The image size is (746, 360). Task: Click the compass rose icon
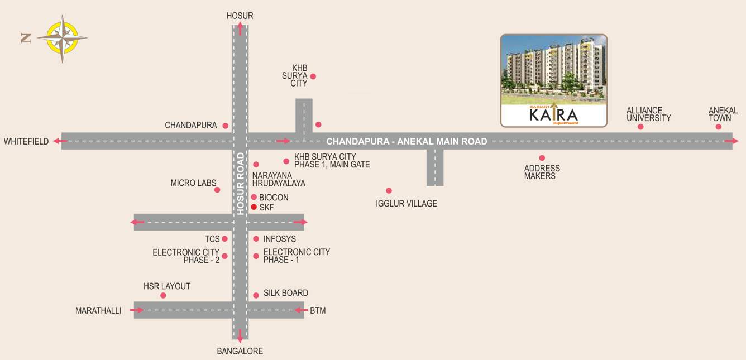(x=62, y=38)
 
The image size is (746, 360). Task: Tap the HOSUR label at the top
(x=240, y=16)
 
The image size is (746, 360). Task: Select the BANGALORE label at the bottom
(x=240, y=351)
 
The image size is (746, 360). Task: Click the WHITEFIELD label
(x=26, y=141)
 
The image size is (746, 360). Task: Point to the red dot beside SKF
(x=254, y=207)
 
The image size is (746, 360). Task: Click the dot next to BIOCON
(x=254, y=197)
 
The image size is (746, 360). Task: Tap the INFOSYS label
(x=280, y=239)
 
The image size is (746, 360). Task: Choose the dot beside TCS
(x=224, y=239)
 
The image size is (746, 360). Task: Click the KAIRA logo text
(x=553, y=114)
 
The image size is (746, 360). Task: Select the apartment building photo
(x=553, y=69)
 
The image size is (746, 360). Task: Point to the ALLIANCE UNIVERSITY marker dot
(x=640, y=127)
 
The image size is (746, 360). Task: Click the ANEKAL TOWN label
(x=723, y=114)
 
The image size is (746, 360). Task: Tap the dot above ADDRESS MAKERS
(x=542, y=158)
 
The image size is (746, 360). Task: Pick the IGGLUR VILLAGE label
(x=407, y=203)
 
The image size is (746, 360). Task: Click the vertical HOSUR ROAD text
(x=240, y=184)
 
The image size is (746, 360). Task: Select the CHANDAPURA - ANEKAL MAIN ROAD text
(x=407, y=141)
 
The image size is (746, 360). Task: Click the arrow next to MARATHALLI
(x=137, y=310)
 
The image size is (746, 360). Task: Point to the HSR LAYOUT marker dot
(x=163, y=295)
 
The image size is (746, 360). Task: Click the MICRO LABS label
(x=193, y=183)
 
